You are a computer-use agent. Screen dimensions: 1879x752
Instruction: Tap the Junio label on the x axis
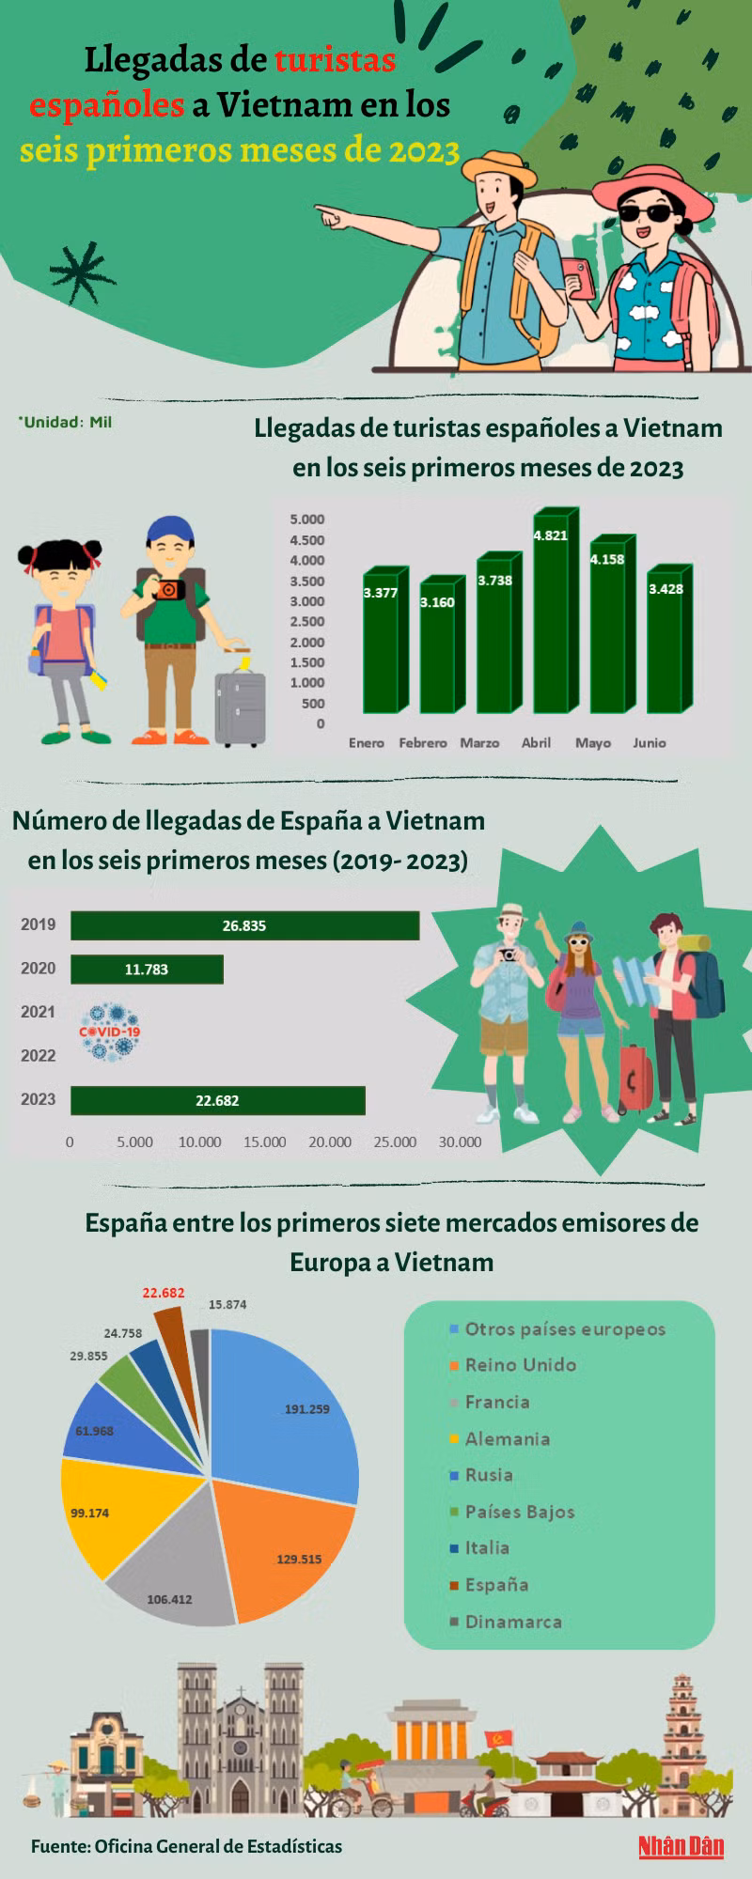[649, 742]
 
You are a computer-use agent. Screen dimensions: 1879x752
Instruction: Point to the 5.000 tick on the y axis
[307, 520]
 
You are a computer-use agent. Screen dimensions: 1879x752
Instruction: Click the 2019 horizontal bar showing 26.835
[244, 925]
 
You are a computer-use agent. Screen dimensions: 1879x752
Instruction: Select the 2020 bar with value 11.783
[147, 970]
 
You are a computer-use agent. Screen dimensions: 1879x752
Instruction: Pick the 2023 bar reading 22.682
[217, 1100]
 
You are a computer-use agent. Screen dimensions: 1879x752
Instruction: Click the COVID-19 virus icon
[110, 1032]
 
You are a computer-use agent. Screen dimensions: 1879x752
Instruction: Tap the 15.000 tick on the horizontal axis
[265, 1142]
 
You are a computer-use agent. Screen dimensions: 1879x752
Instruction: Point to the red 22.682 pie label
[164, 1293]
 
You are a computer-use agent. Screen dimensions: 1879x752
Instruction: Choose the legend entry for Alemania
[507, 1438]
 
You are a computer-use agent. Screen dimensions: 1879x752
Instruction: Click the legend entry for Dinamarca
[512, 1622]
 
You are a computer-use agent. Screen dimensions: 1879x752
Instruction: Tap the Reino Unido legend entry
[520, 1365]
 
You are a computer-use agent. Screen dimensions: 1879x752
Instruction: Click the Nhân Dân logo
[681, 1846]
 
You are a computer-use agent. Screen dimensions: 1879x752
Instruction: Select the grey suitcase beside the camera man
[240, 707]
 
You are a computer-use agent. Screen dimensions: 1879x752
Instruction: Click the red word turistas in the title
[335, 60]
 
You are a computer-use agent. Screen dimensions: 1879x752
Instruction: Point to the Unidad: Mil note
[66, 423]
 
